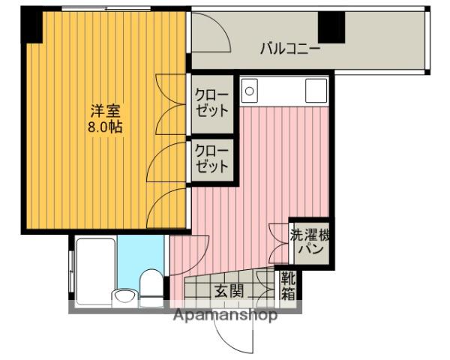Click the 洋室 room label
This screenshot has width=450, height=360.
click(x=105, y=111)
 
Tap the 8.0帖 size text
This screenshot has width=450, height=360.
click(x=105, y=127)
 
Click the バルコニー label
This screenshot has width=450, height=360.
click(x=289, y=49)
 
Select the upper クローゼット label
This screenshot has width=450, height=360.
click(x=211, y=103)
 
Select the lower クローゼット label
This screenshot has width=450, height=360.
click(x=211, y=158)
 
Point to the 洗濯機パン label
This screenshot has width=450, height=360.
click(x=310, y=242)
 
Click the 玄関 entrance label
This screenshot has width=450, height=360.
click(x=229, y=291)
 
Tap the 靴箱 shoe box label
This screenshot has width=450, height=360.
click(x=288, y=286)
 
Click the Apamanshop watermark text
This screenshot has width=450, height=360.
click(x=226, y=315)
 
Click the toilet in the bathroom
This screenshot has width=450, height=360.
click(x=151, y=287)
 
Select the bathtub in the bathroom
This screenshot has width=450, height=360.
click(x=95, y=271)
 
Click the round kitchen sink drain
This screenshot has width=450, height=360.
click(x=250, y=91)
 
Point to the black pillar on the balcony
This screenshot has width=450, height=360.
click(x=331, y=28)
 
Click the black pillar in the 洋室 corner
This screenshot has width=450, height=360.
click(x=31, y=25)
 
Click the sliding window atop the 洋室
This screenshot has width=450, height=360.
click(x=106, y=8)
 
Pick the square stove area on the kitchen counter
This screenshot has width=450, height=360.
click(x=316, y=91)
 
